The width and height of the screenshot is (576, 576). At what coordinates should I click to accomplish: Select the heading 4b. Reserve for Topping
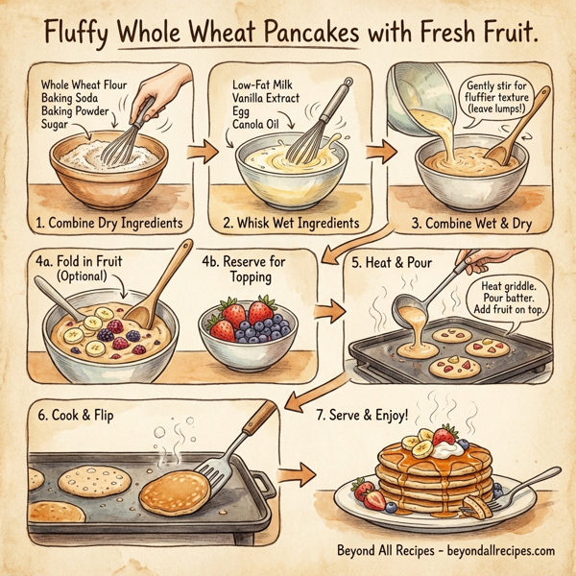point(245,268)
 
